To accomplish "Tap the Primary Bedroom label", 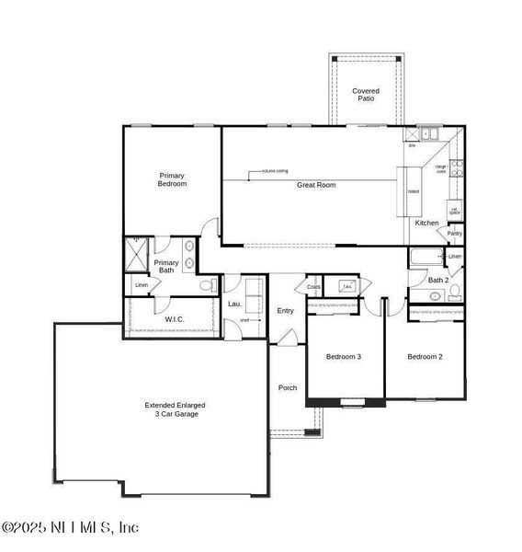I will pyautogui.click(x=172, y=179).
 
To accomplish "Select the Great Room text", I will pyautogui.click(x=315, y=185).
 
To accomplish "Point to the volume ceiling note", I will pyautogui.click(x=275, y=171).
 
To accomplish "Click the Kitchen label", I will pyautogui.click(x=426, y=224).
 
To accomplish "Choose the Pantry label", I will pyautogui.click(x=454, y=234).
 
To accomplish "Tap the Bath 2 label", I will pyautogui.click(x=439, y=280).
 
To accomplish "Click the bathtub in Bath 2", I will pyautogui.click(x=426, y=257).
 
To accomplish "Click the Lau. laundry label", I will pyautogui.click(x=234, y=304).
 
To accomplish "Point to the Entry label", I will pyautogui.click(x=285, y=311).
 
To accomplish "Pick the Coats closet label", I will pyautogui.click(x=313, y=287).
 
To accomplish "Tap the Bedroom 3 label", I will pyautogui.click(x=343, y=357).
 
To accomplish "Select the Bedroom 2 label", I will pyautogui.click(x=426, y=357).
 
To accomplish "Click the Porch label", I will pyautogui.click(x=288, y=387).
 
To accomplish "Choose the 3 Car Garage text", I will pyautogui.click(x=175, y=414).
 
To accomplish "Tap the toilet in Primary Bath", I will pyautogui.click(x=208, y=285).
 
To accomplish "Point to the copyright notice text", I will pyautogui.click(x=70, y=527).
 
